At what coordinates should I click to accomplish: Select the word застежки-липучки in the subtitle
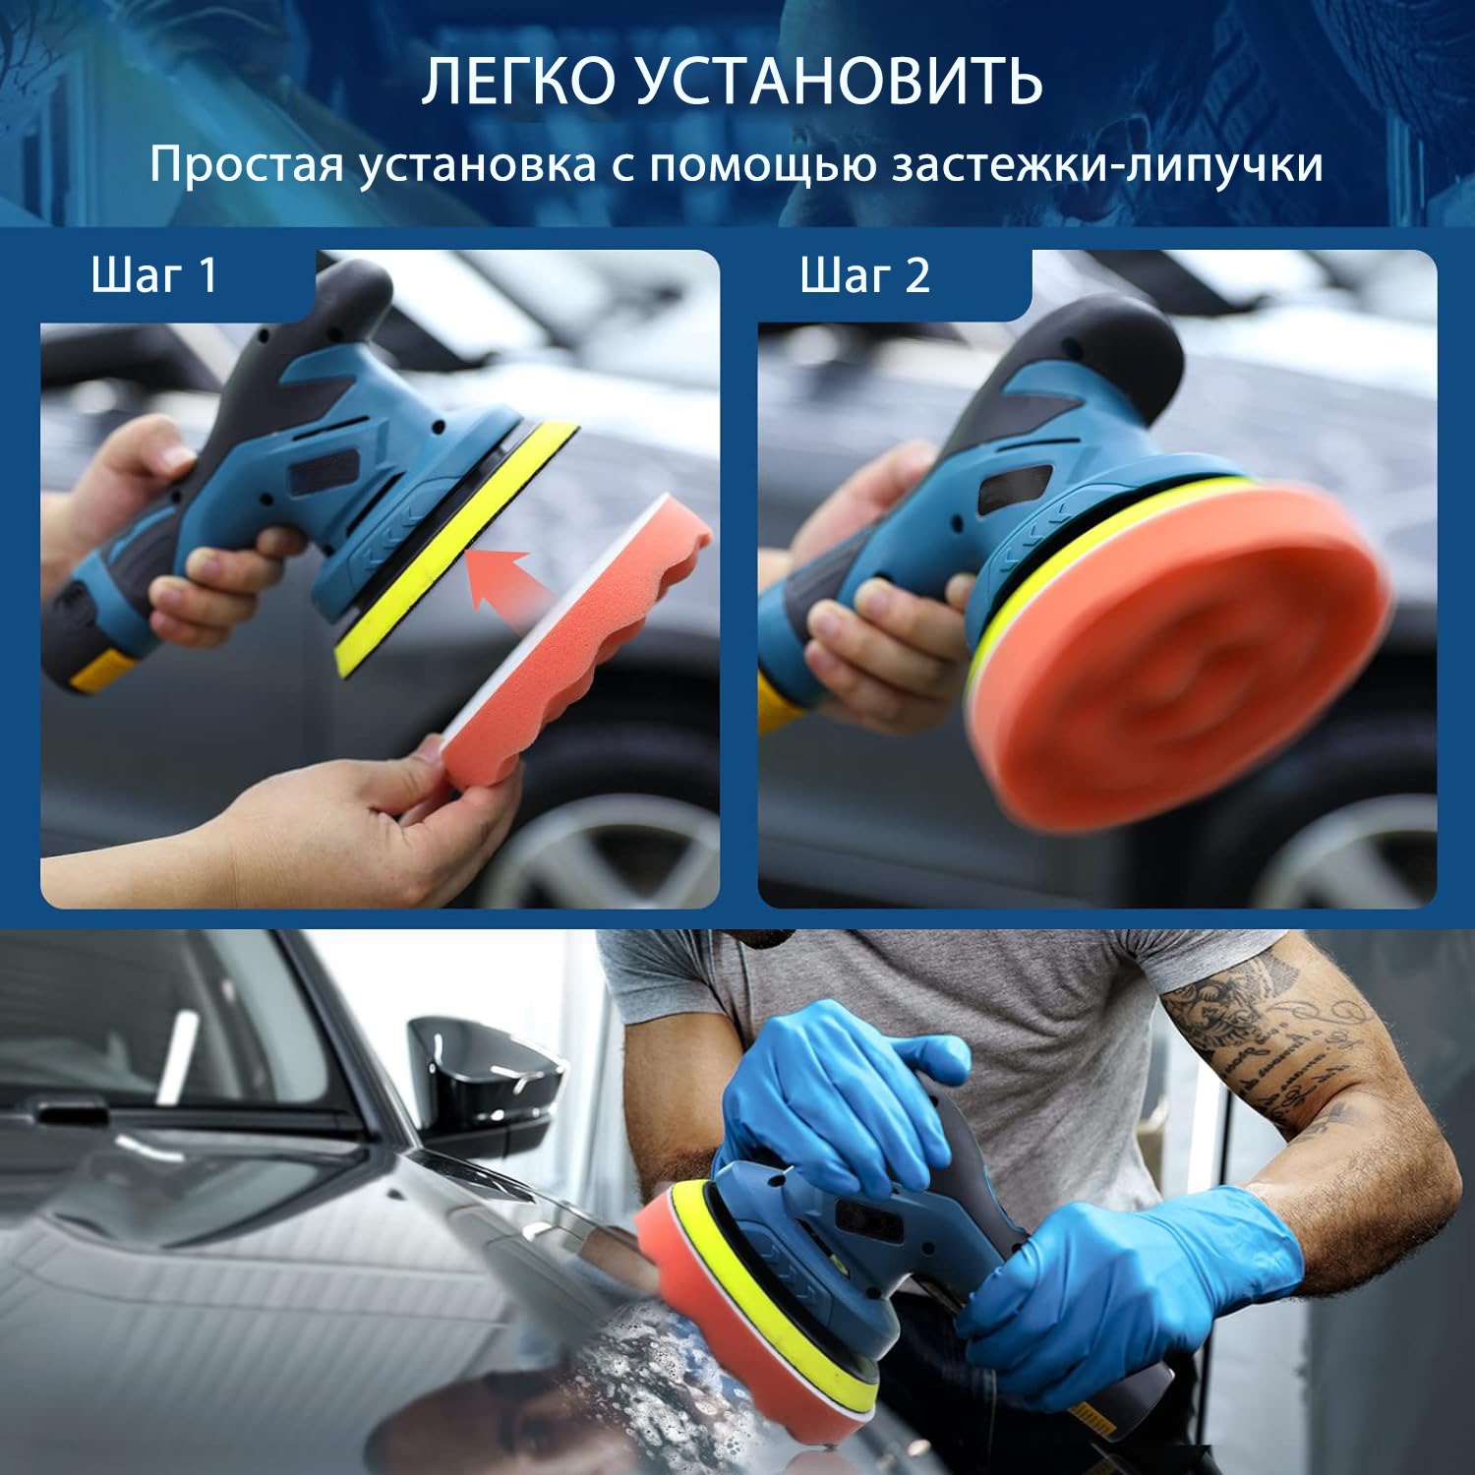(x=1107, y=165)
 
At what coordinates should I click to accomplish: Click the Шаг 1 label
(x=153, y=275)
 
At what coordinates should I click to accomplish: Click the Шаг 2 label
(x=864, y=275)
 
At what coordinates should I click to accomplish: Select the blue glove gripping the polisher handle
(x=1131, y=1288)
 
